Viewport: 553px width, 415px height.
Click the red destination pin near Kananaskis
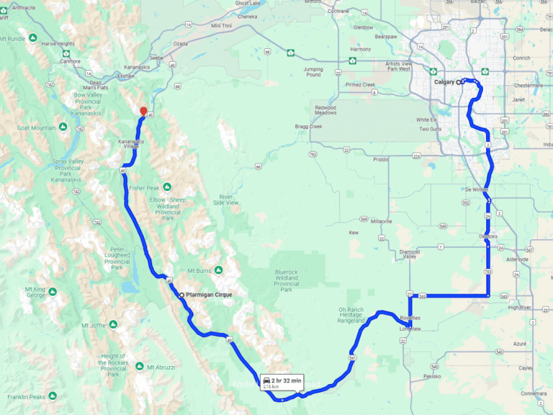[143, 111]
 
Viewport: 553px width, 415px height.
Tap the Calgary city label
[444, 82]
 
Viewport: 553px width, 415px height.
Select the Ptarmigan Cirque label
[208, 295]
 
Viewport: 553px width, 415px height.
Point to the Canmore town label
[70, 61]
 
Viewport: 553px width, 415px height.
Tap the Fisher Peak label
[143, 188]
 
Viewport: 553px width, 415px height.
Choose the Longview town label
[410, 330]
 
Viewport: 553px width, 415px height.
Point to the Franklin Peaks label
[27, 396]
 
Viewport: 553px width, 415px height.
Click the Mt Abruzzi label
[161, 367]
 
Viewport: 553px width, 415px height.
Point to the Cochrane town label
[338, 12]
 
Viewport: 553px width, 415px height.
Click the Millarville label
[381, 221]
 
